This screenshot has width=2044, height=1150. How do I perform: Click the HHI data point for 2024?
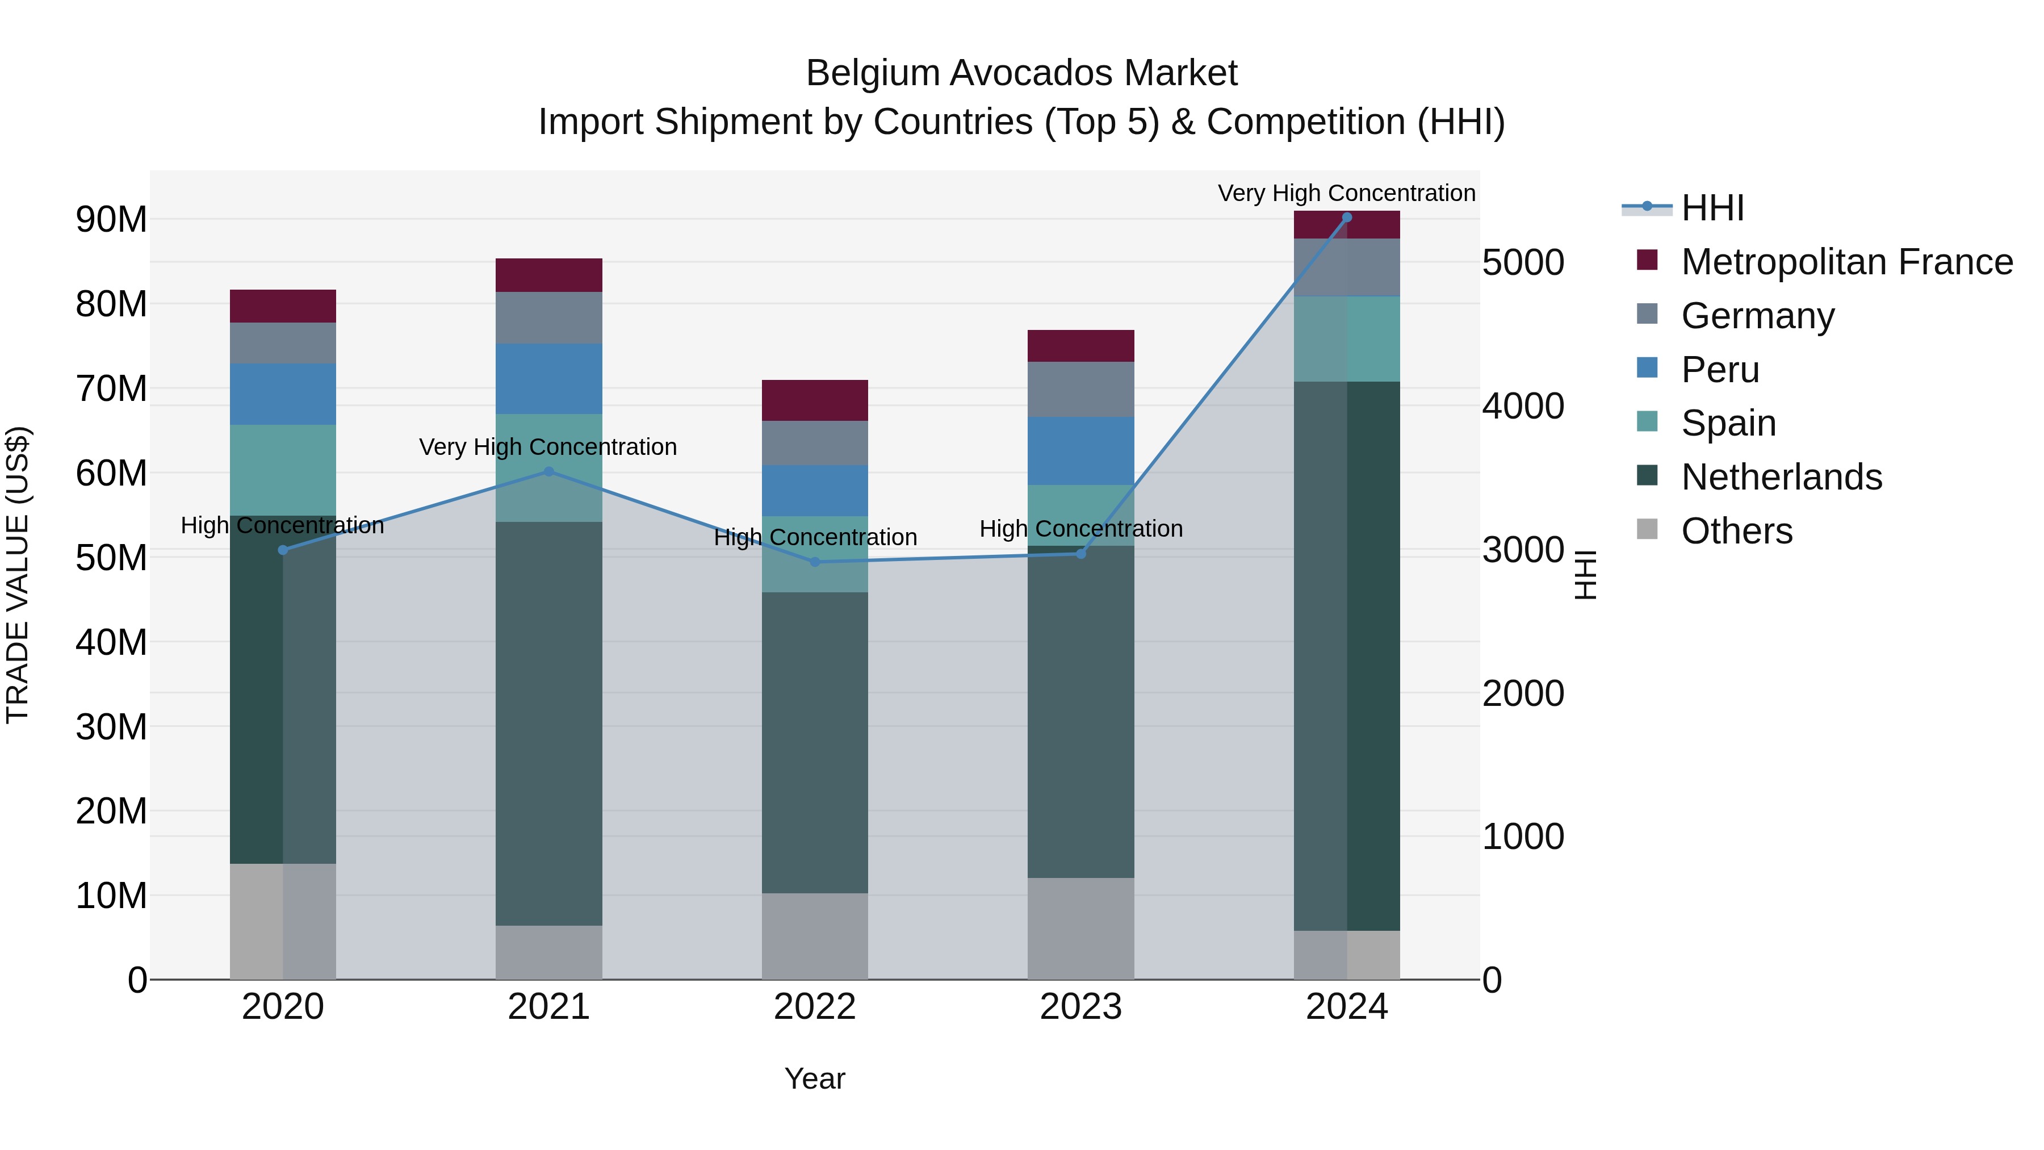click(x=1347, y=218)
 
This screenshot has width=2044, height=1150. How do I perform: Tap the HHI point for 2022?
click(x=815, y=562)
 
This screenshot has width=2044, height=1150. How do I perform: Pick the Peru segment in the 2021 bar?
click(x=549, y=379)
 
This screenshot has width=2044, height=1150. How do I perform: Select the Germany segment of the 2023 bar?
click(x=1080, y=389)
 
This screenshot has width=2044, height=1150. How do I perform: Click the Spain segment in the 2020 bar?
click(x=283, y=470)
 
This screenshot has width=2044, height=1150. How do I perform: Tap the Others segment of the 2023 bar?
click(x=1080, y=928)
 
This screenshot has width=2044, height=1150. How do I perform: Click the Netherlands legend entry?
click(x=1781, y=477)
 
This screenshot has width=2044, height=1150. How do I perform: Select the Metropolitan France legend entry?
click(x=1846, y=262)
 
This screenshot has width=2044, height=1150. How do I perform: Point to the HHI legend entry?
click(x=1712, y=208)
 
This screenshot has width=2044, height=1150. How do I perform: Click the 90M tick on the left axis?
click(x=111, y=220)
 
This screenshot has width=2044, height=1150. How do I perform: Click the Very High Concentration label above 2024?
click(x=1347, y=193)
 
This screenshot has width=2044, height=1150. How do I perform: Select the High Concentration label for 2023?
click(x=1080, y=529)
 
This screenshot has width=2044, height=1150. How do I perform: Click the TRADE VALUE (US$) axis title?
click(x=18, y=575)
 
